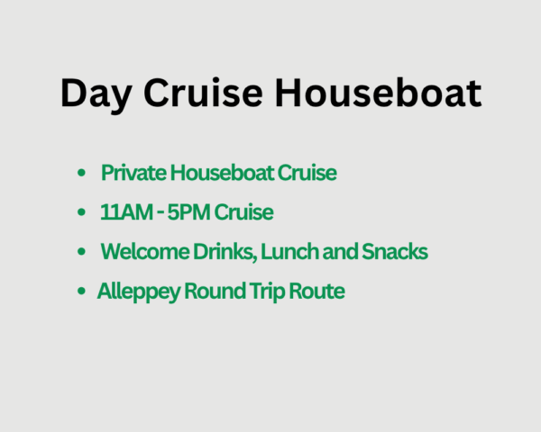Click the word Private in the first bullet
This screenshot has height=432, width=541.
click(x=129, y=173)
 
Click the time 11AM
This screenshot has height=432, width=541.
click(x=124, y=212)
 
